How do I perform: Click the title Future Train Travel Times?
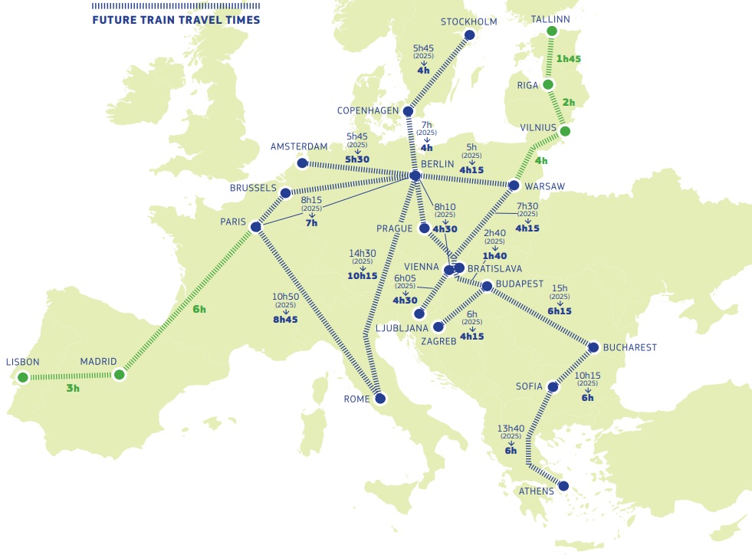(x=176, y=20)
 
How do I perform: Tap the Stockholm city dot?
(x=470, y=35)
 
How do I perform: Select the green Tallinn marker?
(x=550, y=31)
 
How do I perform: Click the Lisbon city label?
(x=22, y=362)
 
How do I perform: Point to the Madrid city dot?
(x=119, y=375)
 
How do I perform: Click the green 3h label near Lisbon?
(x=73, y=389)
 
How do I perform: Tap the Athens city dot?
(x=563, y=485)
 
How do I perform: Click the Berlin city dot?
(x=415, y=176)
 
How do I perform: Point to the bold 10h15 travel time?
(x=363, y=276)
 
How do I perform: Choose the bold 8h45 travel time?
(x=285, y=319)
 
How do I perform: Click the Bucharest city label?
(x=630, y=347)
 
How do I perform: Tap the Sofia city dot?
(x=552, y=387)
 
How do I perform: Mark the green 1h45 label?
(x=569, y=58)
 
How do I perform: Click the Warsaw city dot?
(x=514, y=186)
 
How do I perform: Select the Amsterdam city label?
(x=299, y=146)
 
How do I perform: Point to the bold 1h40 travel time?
(x=495, y=256)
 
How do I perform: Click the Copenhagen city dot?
(x=407, y=111)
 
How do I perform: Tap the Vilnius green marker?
(x=565, y=131)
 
